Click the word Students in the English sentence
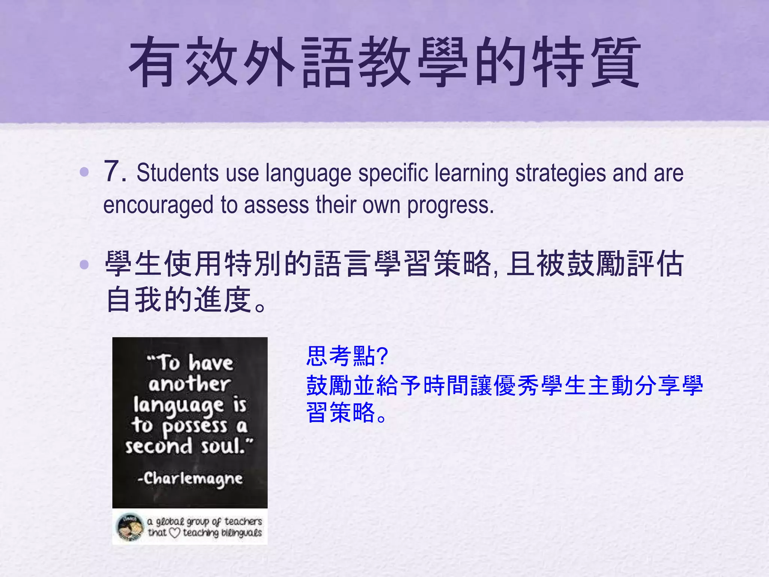(177, 173)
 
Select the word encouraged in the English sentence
(158, 205)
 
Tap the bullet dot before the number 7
(84, 172)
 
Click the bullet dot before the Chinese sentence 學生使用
(84, 264)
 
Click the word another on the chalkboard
(189, 384)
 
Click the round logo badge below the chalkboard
(130, 527)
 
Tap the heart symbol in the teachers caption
(175, 533)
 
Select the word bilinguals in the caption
(241, 533)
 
